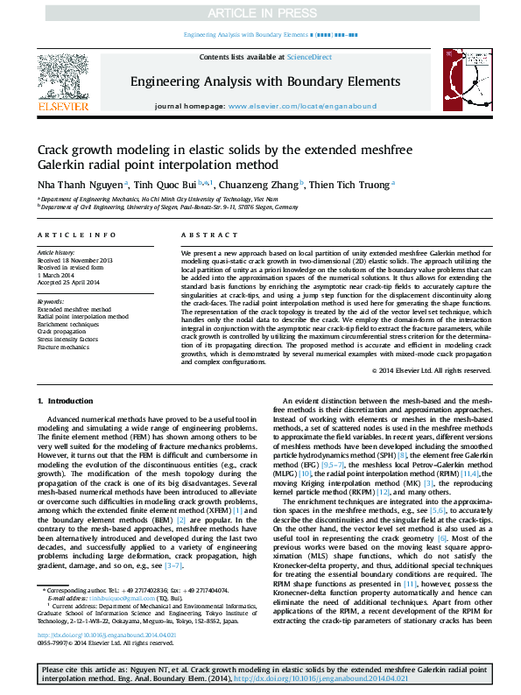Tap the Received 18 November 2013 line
coord(75,261)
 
